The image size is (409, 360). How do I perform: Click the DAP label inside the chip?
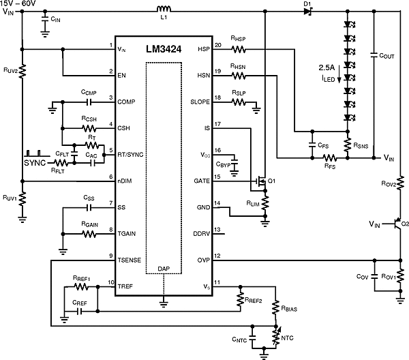(x=162, y=269)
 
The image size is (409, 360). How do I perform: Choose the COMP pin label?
(x=128, y=102)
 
